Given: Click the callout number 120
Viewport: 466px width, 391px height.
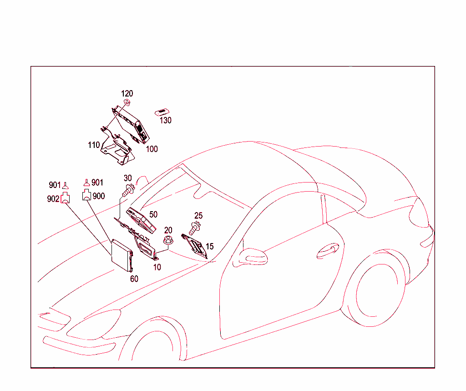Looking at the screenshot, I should pyautogui.click(x=127, y=94).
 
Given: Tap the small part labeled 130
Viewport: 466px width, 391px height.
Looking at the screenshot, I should pyautogui.click(x=162, y=112).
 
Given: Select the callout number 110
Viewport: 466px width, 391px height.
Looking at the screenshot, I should pyautogui.click(x=94, y=145).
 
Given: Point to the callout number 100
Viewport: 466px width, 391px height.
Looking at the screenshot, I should pyautogui.click(x=152, y=149).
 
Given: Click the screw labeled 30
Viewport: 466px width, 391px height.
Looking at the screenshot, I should pyautogui.click(x=128, y=189).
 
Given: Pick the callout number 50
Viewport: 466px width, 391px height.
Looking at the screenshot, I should pyautogui.click(x=153, y=214).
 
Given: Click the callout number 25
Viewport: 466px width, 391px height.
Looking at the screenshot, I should pyautogui.click(x=198, y=216).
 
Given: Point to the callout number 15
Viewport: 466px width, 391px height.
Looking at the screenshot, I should pyautogui.click(x=209, y=246).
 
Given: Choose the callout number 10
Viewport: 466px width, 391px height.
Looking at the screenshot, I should pyautogui.click(x=157, y=267).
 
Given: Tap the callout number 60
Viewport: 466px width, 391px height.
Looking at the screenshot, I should pyautogui.click(x=134, y=279).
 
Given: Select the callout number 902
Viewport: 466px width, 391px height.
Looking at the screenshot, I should pyautogui.click(x=53, y=199).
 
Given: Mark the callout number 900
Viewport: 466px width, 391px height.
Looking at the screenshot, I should pyautogui.click(x=98, y=196).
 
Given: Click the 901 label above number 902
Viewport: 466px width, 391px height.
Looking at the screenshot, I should pyautogui.click(x=55, y=185).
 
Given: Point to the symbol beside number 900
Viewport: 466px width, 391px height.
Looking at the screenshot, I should pyautogui.click(x=86, y=196).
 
